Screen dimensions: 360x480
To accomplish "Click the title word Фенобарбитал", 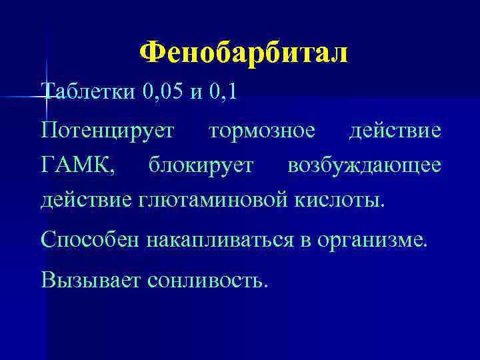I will pyautogui.click(x=244, y=53).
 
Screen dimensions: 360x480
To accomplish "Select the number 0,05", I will pyautogui.click(x=163, y=91).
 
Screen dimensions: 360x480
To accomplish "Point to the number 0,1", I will pyautogui.click(x=223, y=91).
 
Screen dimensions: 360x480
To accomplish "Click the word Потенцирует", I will pyautogui.click(x=107, y=130).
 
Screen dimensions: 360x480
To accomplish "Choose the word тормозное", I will pyautogui.click(x=262, y=130).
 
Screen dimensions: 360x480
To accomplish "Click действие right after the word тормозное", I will pyautogui.click(x=395, y=130).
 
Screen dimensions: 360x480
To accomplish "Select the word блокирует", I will pyautogui.click(x=201, y=164).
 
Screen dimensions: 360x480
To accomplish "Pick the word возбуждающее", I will pyautogui.click(x=364, y=164).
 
